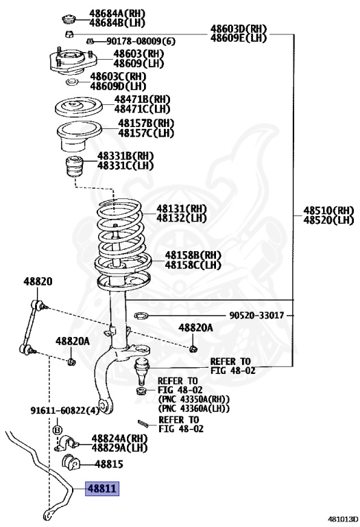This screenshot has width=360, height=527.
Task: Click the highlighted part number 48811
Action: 101,489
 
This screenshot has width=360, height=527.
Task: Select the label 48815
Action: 108,464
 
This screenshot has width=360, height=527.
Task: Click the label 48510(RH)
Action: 329,210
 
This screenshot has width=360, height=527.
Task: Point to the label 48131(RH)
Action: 181,209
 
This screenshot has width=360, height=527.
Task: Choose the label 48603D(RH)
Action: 238,28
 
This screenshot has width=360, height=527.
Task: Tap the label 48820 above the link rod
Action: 38,281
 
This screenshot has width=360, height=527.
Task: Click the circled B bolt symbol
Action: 58,430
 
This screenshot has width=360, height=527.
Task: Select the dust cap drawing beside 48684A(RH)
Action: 69,18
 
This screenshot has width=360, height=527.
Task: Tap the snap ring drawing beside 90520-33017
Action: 142,316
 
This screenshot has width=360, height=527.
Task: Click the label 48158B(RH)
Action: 193,255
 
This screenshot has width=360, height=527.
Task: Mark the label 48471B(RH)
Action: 142,99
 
